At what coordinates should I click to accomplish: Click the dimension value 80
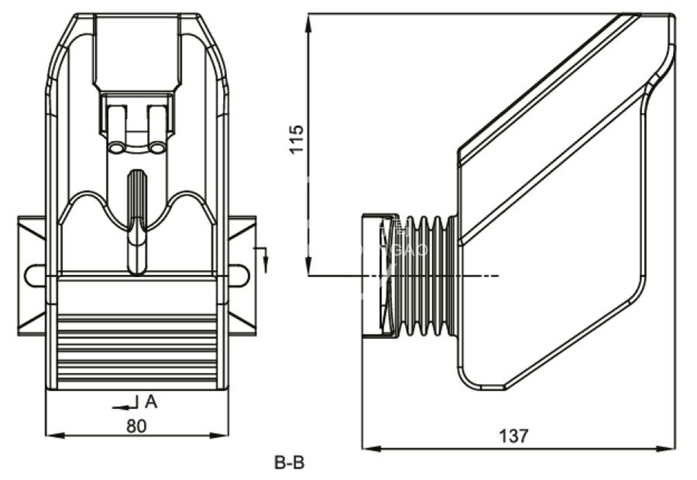(x=136, y=425)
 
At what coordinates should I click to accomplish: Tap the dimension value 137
(x=513, y=436)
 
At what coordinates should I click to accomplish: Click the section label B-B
(x=290, y=464)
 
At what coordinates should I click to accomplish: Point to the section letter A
(x=151, y=401)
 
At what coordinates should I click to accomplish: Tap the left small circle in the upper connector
(x=117, y=147)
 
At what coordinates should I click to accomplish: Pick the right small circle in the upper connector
(x=156, y=147)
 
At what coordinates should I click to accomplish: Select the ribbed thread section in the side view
(x=425, y=276)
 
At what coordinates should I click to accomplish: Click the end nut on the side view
(x=379, y=276)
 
